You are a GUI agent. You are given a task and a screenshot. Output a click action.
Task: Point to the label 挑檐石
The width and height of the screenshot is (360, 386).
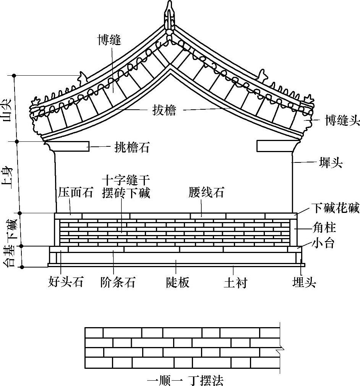tap(132, 148)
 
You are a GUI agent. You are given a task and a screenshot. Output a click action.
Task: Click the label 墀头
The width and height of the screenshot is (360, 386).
tap(331, 164)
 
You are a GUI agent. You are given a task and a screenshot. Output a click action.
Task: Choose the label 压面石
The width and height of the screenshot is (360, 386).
tap(76, 193)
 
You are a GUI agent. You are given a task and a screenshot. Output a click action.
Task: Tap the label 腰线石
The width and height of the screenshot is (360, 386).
tap(206, 193)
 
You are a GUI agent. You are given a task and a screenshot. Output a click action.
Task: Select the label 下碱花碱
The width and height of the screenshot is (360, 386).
tap(335, 208)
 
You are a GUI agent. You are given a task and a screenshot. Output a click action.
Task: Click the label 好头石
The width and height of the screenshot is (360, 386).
tap(66, 282)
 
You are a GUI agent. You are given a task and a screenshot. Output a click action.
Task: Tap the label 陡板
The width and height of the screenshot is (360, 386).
tap(178, 282)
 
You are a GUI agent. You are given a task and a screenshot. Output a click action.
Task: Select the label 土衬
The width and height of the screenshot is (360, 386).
tap(235, 283)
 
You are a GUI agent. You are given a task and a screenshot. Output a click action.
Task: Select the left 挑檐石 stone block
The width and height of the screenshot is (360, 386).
tap(68, 146)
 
